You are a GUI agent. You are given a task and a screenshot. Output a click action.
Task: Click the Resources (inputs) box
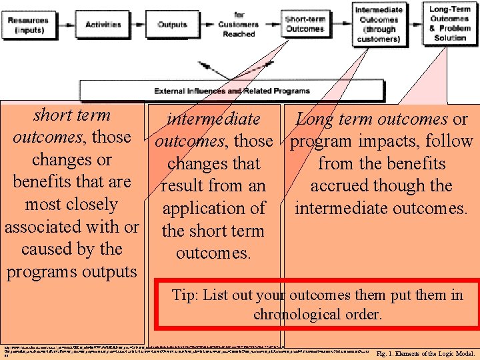point(28,25)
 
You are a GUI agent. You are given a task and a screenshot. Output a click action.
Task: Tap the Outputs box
point(172,25)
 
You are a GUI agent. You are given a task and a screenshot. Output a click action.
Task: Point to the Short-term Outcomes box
point(305,24)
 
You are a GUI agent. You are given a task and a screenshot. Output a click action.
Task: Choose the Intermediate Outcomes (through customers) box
point(379,24)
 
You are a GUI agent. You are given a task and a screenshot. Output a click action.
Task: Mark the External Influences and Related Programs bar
point(232,91)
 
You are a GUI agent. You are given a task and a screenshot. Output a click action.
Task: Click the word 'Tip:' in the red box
point(185,295)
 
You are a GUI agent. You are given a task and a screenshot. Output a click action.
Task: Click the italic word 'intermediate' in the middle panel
point(214,119)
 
